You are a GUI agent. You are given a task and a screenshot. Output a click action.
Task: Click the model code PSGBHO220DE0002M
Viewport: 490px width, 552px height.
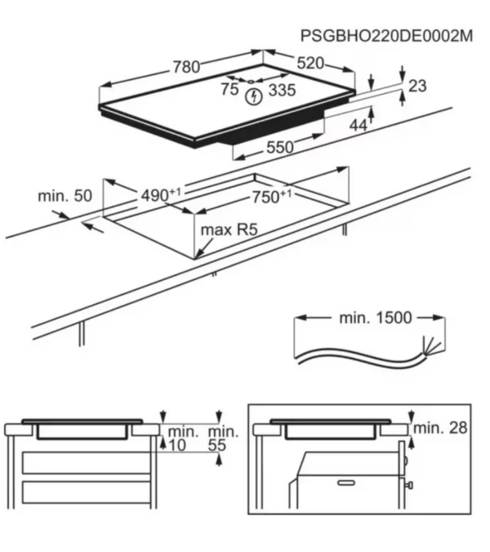coord(386,36)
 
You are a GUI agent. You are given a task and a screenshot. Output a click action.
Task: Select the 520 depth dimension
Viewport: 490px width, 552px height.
coord(310,63)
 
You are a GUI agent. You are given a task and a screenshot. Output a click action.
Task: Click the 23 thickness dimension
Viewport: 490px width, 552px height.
coord(417,86)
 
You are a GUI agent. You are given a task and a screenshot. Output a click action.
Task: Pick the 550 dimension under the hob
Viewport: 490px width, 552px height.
coord(279,148)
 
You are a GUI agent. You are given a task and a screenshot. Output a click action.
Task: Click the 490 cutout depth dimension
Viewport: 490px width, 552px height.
coord(160,195)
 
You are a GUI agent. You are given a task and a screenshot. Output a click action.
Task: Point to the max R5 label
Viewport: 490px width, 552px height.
coord(229,231)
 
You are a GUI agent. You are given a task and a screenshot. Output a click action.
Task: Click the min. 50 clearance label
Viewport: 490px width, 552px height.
coord(65,197)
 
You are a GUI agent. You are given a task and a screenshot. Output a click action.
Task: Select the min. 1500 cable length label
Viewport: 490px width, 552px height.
coord(376,317)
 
